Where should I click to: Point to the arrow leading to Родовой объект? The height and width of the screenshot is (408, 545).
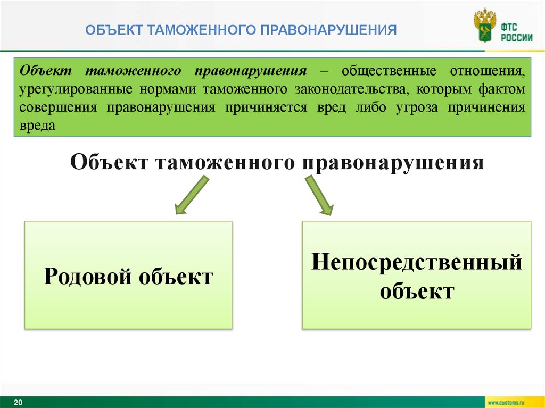click(x=191, y=195)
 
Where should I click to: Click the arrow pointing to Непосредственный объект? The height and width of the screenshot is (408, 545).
click(x=319, y=195)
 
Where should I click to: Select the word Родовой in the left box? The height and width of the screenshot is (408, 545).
click(x=88, y=277)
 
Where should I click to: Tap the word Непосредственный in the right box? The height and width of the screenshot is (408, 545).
click(x=416, y=262)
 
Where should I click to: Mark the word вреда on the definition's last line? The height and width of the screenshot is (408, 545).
click(x=37, y=126)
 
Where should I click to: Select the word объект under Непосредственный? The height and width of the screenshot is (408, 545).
click(x=416, y=291)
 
